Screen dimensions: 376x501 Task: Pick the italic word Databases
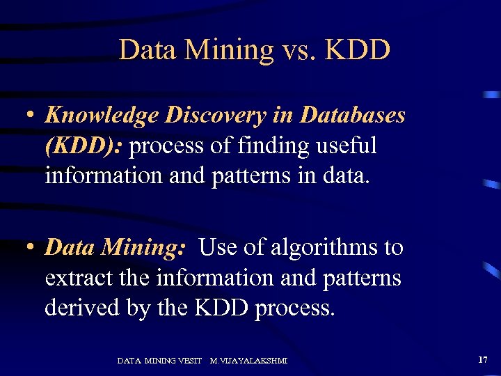[353, 116]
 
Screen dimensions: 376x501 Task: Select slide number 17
[483, 359]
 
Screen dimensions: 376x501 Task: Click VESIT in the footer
[189, 361]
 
